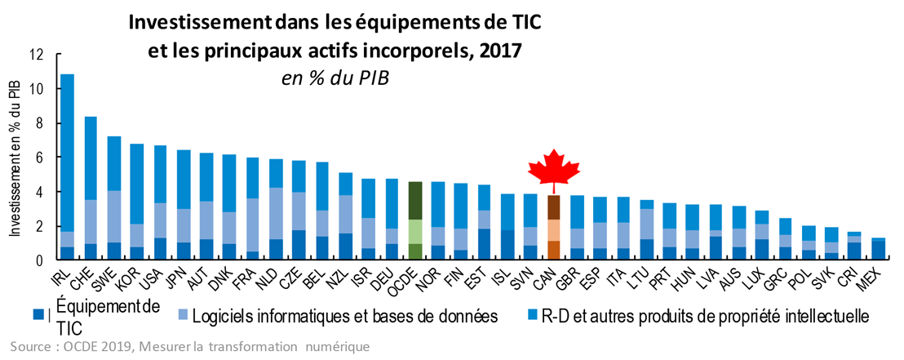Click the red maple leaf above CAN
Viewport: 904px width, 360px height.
coord(553,168)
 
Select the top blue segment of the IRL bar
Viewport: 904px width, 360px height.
coord(68,153)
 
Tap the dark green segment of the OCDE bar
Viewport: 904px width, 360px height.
coord(415,200)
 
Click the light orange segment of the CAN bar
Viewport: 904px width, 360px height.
coord(553,230)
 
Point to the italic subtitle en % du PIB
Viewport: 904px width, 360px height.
coord(335,79)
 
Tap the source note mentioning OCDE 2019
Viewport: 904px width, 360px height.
coord(189,347)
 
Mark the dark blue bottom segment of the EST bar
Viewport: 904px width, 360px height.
coord(485,245)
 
